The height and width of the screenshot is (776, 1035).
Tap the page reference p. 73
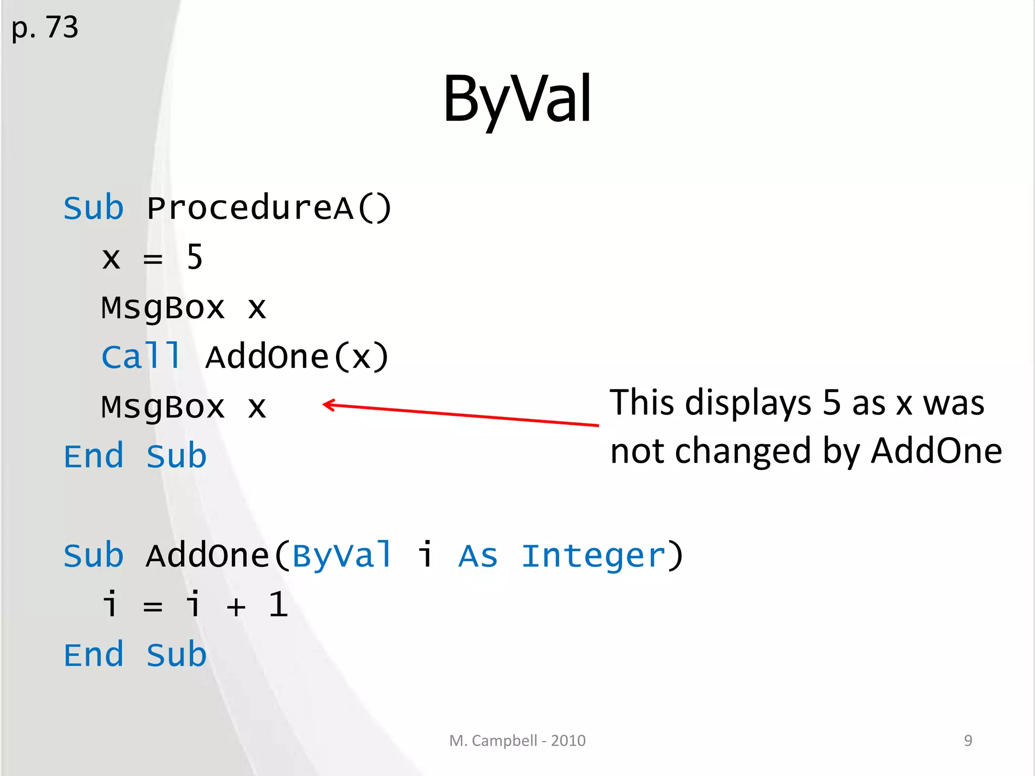tap(45, 27)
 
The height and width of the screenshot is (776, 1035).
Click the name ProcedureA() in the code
tap(269, 208)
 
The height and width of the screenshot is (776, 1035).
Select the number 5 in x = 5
tap(195, 257)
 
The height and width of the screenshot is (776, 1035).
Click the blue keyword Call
tap(141, 357)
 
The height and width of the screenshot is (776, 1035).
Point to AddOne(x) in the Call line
tap(297, 357)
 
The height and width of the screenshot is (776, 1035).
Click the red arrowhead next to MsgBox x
tap(327, 405)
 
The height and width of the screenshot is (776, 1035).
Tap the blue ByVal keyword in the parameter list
tap(342, 556)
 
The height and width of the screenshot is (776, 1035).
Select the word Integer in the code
tap(593, 556)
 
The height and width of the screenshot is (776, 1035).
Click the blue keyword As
tap(478, 556)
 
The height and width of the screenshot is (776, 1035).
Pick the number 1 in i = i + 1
tap(278, 604)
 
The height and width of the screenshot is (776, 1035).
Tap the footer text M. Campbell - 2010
tap(517, 741)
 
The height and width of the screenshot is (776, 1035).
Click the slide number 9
tap(968, 741)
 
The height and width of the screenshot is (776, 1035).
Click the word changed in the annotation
tap(743, 451)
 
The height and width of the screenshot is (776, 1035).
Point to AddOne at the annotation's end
tap(936, 451)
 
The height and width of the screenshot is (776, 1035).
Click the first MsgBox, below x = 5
tap(163, 308)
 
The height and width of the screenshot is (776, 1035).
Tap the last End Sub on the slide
tap(135, 655)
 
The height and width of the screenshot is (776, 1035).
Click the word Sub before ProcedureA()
tap(93, 208)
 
